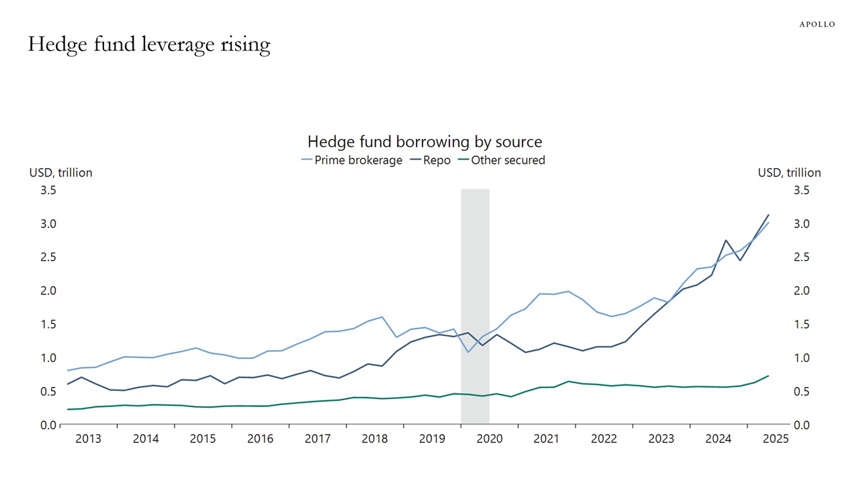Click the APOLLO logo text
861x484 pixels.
[817, 24]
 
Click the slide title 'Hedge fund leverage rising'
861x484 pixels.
[149, 45]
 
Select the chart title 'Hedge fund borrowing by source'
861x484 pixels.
[424, 141]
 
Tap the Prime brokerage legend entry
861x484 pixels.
[352, 160]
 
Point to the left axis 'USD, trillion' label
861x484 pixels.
[61, 173]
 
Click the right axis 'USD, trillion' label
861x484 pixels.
[789, 173]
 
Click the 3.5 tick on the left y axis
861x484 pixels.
[48, 190]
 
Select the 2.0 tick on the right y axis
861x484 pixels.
[801, 291]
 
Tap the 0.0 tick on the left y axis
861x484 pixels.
[48, 425]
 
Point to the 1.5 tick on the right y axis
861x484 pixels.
[801, 325]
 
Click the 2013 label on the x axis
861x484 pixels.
[88, 439]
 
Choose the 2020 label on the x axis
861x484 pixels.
[489, 439]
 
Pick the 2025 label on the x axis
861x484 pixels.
[775, 439]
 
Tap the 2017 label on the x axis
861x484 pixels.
[318, 439]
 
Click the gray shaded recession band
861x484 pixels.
[475, 306]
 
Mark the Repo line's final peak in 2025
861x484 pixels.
[768, 216]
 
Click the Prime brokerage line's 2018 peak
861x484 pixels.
[382, 317]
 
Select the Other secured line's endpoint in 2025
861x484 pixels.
[768, 376]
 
